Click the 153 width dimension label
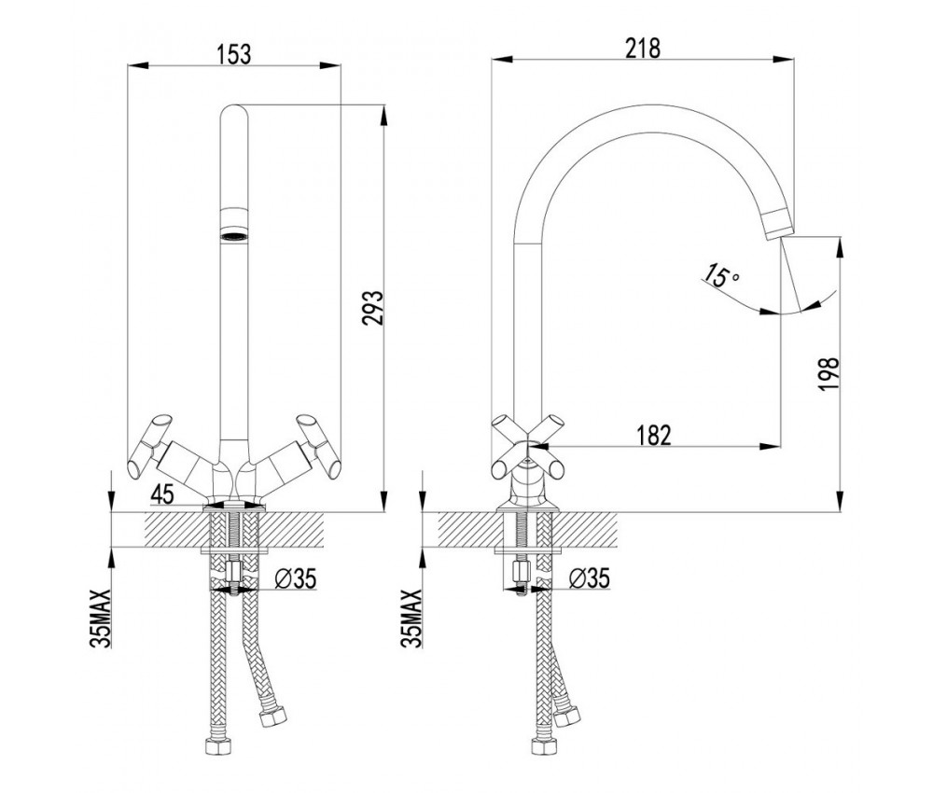(x=233, y=54)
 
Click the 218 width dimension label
(x=644, y=49)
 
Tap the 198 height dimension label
(x=830, y=375)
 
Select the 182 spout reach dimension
(x=653, y=434)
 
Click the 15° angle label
(x=721, y=275)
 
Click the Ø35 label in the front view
(x=296, y=579)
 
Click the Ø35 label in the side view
(x=588, y=579)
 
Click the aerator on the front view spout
(x=233, y=227)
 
